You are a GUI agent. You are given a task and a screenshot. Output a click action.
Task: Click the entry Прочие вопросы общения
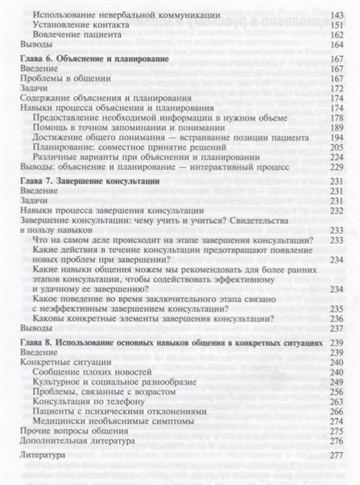click(67, 432)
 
